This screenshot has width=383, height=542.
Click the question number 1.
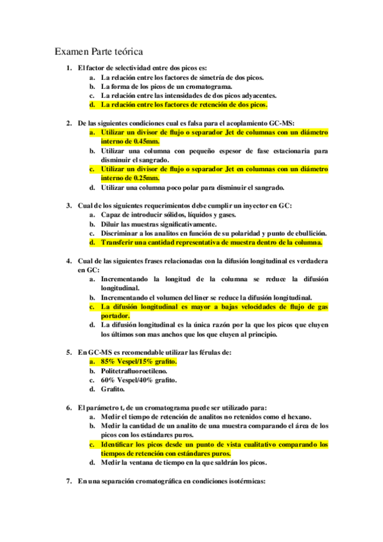68,68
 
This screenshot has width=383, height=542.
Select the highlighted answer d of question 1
184,104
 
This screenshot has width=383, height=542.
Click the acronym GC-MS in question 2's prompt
281,122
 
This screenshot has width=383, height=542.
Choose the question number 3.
68,206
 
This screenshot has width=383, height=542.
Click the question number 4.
68,261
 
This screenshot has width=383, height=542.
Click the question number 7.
68,481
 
